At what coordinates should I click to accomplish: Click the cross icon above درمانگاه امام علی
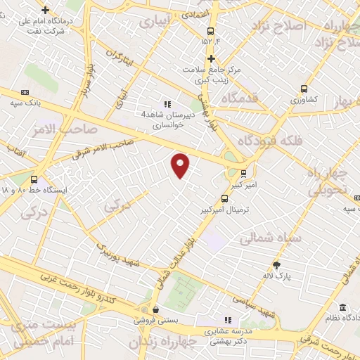(x=46, y=10)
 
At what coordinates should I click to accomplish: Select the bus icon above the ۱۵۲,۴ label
(x=210, y=30)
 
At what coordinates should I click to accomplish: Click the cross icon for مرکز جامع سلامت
(x=210, y=58)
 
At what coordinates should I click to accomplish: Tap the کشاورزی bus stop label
(x=304, y=100)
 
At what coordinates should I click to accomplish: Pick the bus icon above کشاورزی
(x=304, y=89)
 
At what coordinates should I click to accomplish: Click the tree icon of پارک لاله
(x=277, y=264)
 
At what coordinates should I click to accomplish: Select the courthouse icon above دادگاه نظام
(x=342, y=307)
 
